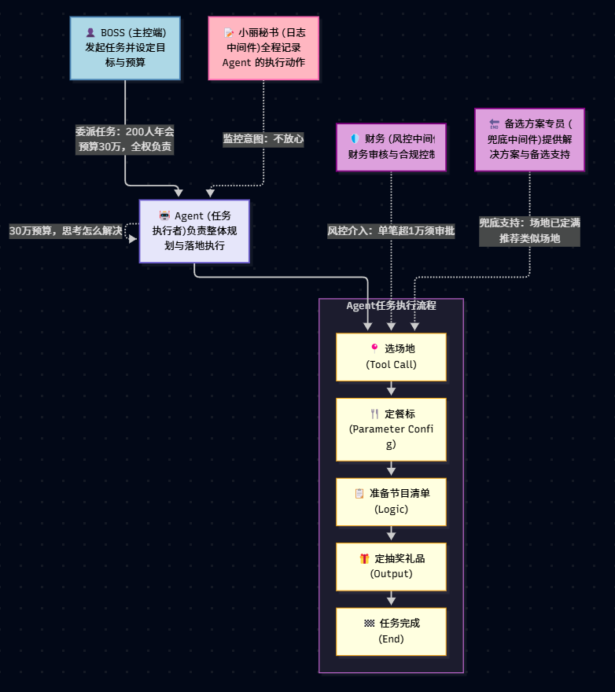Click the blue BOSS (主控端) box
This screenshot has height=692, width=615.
point(125,48)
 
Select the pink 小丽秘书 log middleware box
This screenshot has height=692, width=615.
point(263,48)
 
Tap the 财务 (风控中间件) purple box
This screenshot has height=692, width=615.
point(391,147)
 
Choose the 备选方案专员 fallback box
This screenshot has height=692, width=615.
point(529,139)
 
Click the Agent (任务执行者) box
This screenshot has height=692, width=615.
point(194,231)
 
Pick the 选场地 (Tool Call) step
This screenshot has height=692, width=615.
point(391,357)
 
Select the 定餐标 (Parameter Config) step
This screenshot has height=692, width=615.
point(391,429)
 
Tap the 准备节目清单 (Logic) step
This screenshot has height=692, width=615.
point(391,502)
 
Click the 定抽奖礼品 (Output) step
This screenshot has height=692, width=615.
point(391,567)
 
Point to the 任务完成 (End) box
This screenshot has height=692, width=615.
point(391,631)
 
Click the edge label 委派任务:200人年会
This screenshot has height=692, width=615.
point(125,131)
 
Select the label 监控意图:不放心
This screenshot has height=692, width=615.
point(263,139)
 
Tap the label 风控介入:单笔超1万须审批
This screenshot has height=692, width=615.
point(391,231)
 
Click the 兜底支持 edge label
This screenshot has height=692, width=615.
point(529,231)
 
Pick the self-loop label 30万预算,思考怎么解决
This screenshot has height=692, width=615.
point(66,231)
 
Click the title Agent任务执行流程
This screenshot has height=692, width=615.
point(391,305)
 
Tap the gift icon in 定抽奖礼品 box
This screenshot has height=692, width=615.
point(364,559)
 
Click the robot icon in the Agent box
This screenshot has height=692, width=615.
point(164,215)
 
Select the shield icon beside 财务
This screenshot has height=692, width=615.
point(355,138)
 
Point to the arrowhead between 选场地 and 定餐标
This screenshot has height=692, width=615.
point(391,391)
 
